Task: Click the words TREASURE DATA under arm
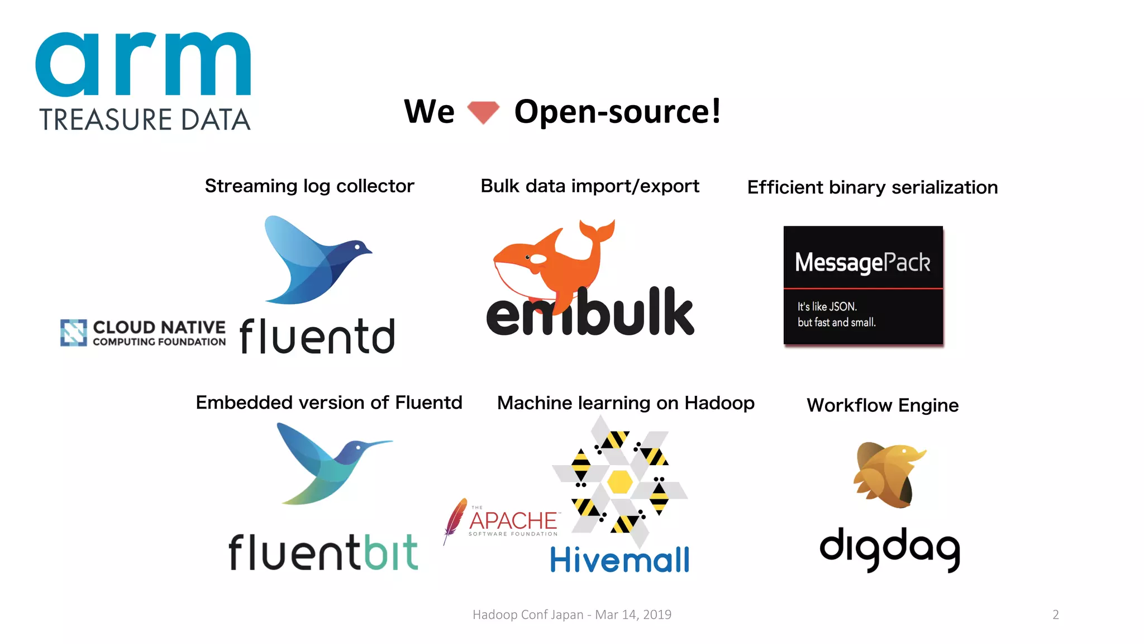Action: (x=145, y=120)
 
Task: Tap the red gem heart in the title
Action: (x=483, y=112)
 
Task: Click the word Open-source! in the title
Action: (x=617, y=111)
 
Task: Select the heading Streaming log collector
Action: (x=309, y=186)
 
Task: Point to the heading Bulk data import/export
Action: (x=590, y=186)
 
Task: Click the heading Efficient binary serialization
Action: (x=873, y=187)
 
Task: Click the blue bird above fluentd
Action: (x=313, y=260)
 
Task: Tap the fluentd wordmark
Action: (x=317, y=336)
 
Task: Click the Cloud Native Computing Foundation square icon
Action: (x=74, y=333)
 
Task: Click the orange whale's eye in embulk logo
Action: (x=527, y=257)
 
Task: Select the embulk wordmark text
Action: (x=590, y=313)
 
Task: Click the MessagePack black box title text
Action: (x=862, y=262)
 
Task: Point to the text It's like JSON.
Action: (x=827, y=306)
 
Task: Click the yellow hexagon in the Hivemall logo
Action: (x=619, y=481)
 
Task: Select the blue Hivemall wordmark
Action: (x=619, y=560)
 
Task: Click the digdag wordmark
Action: (x=889, y=548)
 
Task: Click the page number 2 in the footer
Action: (x=1056, y=615)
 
